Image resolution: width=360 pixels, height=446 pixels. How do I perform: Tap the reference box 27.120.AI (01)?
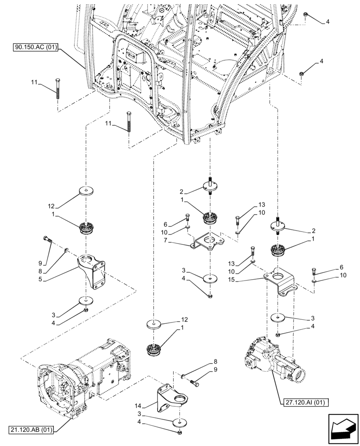(304, 403)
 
